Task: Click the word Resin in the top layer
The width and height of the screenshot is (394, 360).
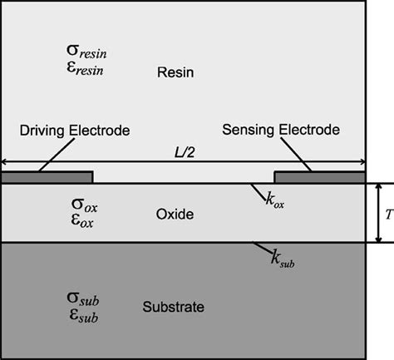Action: pos(175,73)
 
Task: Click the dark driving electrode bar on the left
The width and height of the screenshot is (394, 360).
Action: pos(47,177)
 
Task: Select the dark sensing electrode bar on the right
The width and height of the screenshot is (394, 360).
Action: pos(318,177)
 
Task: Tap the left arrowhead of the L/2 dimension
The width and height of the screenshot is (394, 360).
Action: pos(5,162)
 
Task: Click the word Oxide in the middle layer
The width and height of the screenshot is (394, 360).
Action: pos(175,215)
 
